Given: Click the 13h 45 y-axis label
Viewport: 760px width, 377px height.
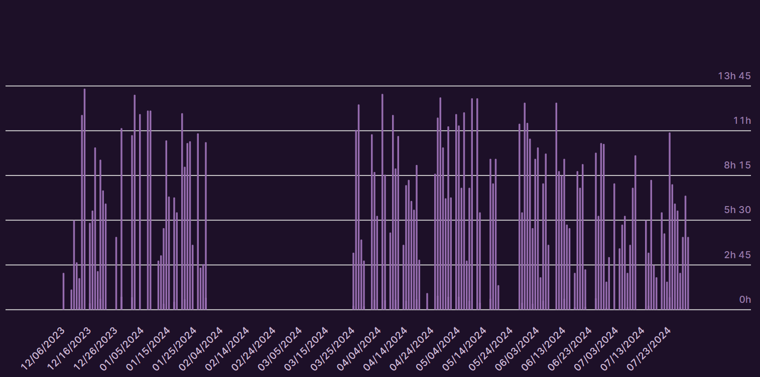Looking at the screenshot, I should [x=734, y=76].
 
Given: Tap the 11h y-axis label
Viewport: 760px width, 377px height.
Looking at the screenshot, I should [x=742, y=120].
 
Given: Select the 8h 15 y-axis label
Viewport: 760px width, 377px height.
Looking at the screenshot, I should [x=737, y=165].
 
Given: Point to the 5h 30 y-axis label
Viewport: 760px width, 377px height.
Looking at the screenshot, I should [x=737, y=210].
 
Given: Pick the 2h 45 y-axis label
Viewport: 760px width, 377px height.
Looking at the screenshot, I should [x=737, y=255].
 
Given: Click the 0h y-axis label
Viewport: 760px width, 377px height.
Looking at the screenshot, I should [x=745, y=299].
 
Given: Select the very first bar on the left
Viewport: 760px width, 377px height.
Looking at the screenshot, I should [x=63, y=291].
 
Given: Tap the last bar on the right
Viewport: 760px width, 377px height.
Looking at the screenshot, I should [x=688, y=273].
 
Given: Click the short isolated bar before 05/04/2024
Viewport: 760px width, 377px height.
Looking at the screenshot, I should [x=427, y=301].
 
